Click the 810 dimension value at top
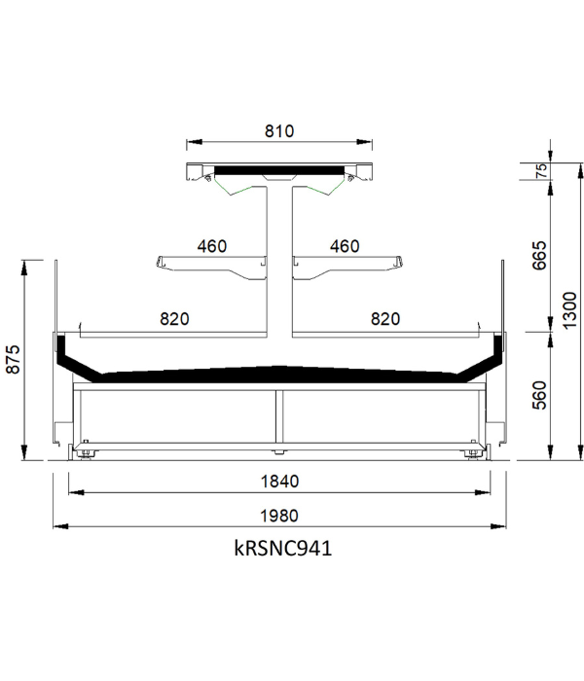(x=279, y=131)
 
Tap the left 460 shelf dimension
(x=212, y=246)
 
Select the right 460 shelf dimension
(x=345, y=246)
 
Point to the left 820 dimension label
(x=174, y=319)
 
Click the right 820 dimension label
(x=385, y=319)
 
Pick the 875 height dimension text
(x=13, y=359)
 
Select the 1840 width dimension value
(x=280, y=482)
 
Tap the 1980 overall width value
(x=279, y=516)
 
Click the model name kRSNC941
(x=283, y=548)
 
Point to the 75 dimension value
(x=541, y=171)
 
